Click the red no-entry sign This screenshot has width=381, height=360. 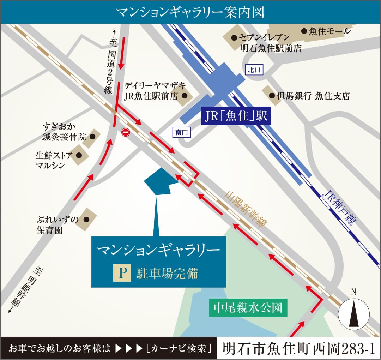(126, 132)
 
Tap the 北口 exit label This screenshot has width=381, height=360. (254, 70)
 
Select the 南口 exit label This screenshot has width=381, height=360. (182, 133)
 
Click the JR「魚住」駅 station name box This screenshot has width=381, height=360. (236, 116)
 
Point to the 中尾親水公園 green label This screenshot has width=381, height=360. (248, 308)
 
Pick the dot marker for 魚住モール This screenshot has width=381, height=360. (304, 31)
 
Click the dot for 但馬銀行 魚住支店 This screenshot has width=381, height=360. (272, 96)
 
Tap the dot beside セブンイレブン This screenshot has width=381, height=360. (234, 37)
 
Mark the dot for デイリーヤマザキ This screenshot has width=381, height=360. (184, 95)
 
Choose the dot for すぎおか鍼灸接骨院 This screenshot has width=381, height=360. (93, 136)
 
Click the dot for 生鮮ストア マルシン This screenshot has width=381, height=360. (79, 155)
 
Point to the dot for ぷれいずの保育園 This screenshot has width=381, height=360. (86, 219)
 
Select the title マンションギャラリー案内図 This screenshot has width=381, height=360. (190, 12)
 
